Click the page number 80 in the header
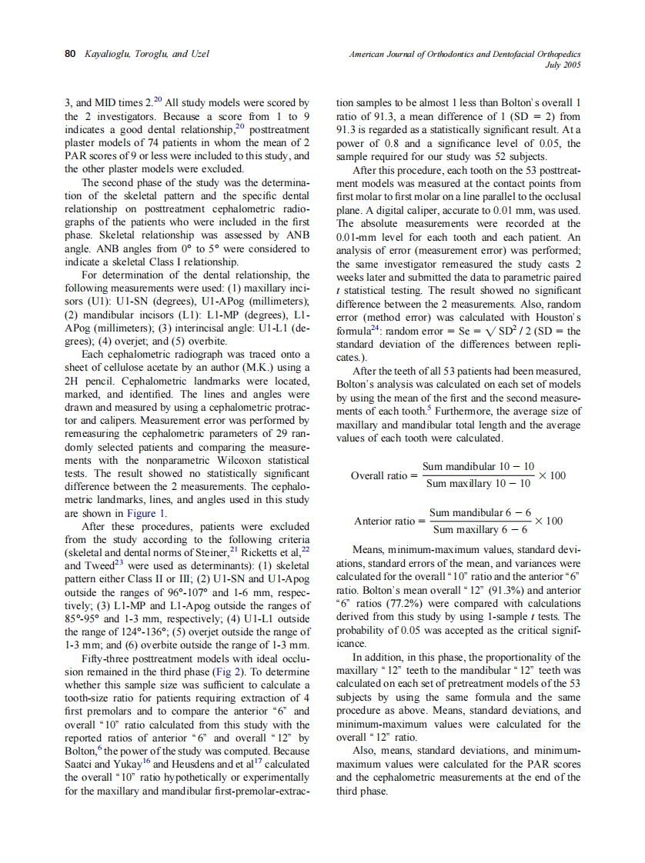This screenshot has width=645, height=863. tap(69, 54)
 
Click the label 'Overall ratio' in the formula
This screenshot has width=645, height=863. tap(379, 476)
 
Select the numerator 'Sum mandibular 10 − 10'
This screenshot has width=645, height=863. tap(478, 467)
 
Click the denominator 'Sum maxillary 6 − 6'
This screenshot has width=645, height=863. tap(480, 530)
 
